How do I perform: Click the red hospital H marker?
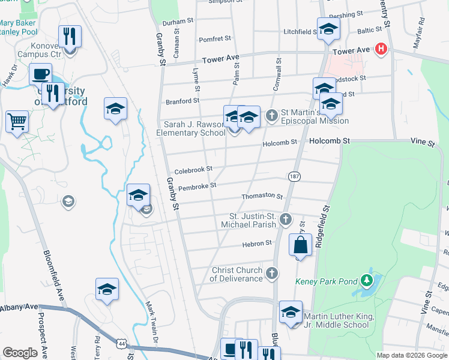tap(380, 49)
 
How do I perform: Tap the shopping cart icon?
tap(17, 121)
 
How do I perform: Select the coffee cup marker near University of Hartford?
tap(41, 74)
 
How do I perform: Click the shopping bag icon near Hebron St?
tap(300, 245)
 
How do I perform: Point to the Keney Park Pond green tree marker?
tap(366, 280)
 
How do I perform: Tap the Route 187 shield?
tap(294, 176)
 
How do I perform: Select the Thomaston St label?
tap(262, 196)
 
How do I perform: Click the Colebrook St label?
tap(193, 170)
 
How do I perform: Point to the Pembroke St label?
tap(197, 186)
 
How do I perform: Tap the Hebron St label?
tap(257, 243)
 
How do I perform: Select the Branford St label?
tap(183, 101)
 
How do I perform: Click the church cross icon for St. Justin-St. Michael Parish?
tap(286, 220)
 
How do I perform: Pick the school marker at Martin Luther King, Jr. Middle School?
tap(291, 312)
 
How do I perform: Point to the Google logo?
tap(20, 353)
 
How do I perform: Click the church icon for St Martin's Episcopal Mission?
tap(272, 115)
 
